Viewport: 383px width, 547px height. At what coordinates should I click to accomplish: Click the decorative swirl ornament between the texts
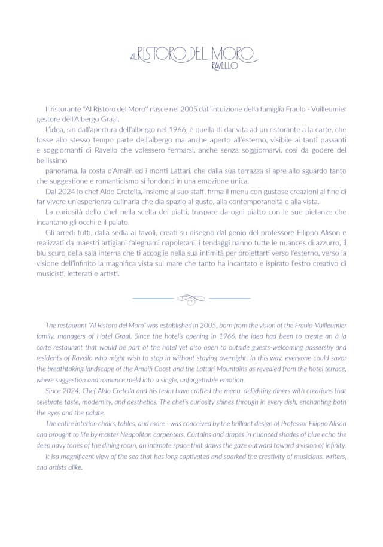pos(191,297)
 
